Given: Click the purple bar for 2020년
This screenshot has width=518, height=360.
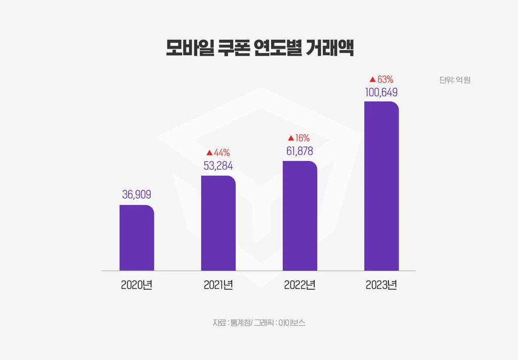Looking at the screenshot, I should [137, 238].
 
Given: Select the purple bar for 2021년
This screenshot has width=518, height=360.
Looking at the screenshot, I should [218, 223].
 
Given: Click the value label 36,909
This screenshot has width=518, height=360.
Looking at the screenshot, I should [137, 194].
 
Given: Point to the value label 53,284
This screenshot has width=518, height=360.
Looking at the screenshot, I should [218, 166].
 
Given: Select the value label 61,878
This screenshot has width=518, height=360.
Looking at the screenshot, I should [300, 151].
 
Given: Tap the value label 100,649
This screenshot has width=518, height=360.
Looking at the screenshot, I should [381, 92].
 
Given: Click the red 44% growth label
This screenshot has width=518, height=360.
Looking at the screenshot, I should [221, 152].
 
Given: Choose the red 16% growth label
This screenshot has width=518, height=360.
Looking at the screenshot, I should [303, 138].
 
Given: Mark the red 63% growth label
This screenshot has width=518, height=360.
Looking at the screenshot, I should [385, 79].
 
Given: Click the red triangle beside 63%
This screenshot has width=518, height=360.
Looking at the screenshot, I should [372, 79].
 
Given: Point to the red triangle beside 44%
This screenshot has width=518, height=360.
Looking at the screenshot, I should [209, 153].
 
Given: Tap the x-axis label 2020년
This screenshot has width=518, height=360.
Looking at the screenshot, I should [137, 285].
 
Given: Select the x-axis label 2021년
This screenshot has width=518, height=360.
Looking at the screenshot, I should [218, 285].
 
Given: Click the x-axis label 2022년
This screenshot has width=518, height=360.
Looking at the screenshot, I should [300, 285].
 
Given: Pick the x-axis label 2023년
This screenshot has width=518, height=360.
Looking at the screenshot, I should [381, 285].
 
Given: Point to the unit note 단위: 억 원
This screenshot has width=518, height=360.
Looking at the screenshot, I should [455, 80].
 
